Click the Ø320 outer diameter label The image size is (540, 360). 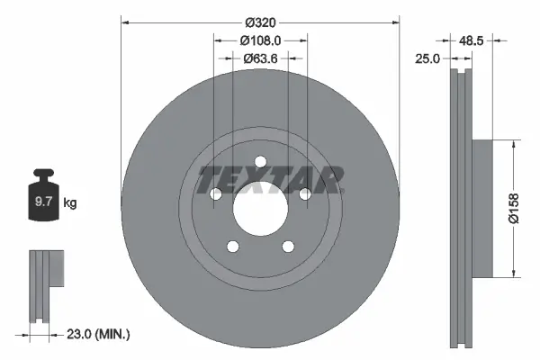tap(260, 13)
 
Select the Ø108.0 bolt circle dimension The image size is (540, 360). tap(261, 40)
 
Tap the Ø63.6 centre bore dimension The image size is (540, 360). tap(260, 59)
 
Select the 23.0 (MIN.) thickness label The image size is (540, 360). tap(99, 335)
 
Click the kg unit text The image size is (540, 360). tap(70, 203)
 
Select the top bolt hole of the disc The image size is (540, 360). tap(260, 162)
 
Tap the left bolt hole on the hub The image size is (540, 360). tap(215, 194)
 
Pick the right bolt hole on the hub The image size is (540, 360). tap(305, 194)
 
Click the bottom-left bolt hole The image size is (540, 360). tap(232, 247)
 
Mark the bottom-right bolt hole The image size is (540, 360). tap(288, 247)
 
